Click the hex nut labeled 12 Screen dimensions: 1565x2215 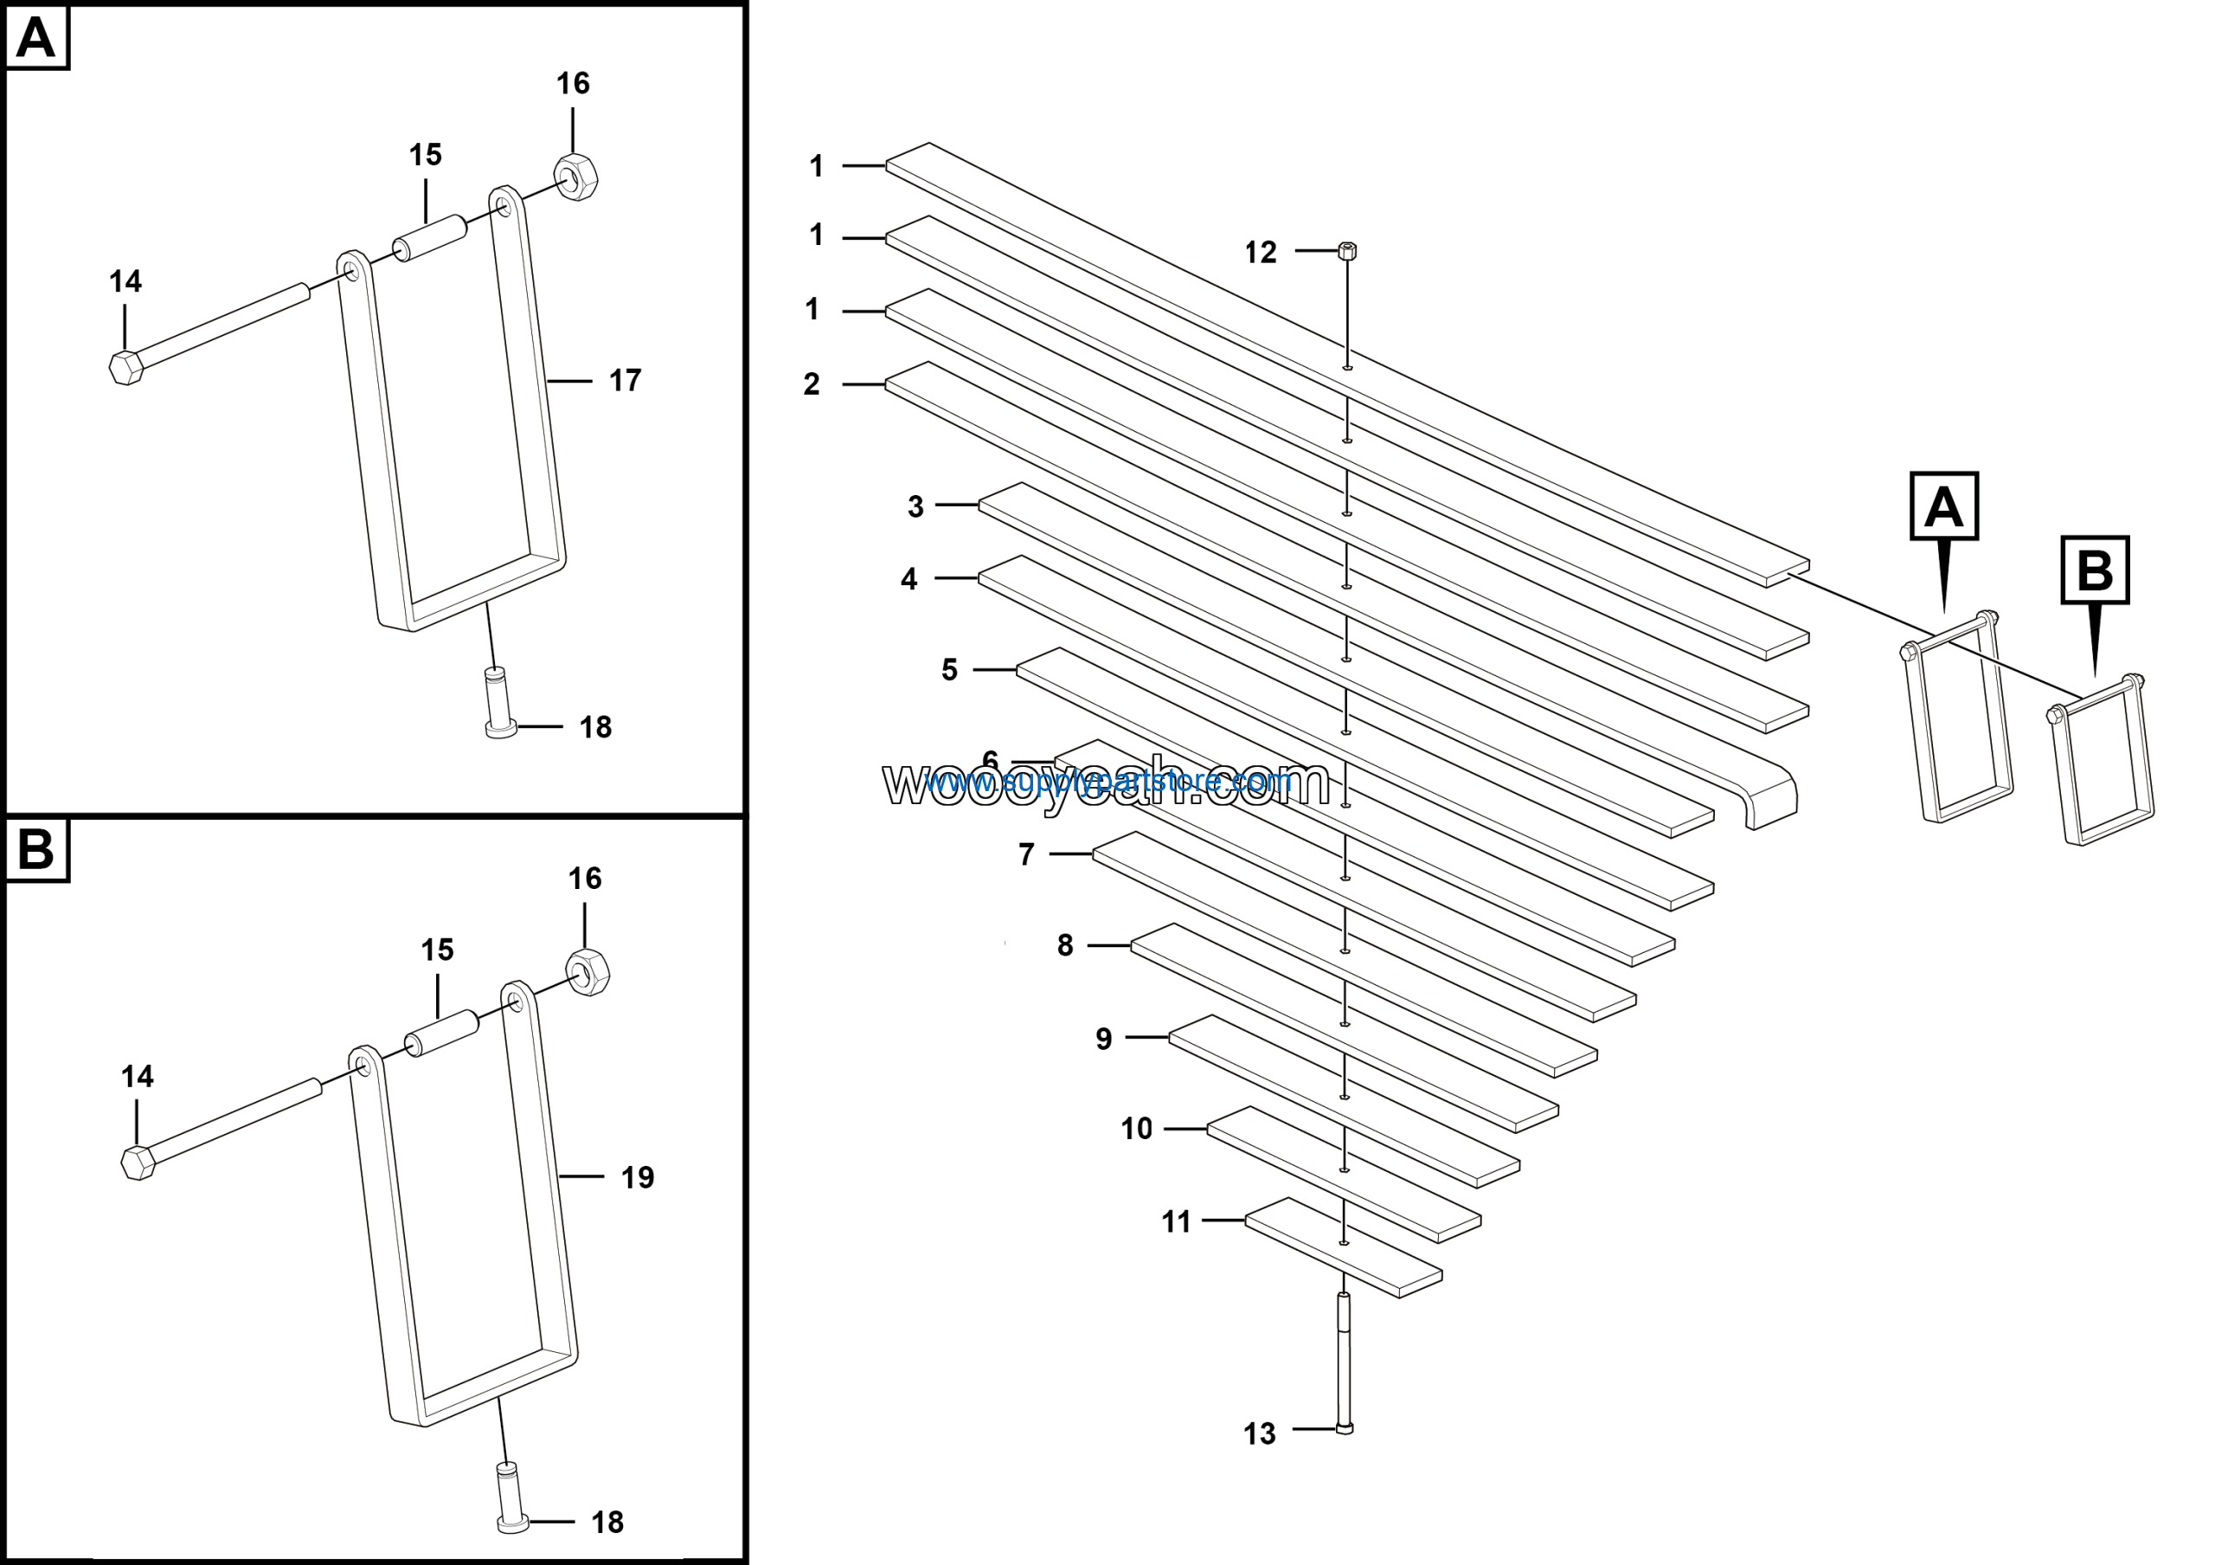pyautogui.click(x=1348, y=251)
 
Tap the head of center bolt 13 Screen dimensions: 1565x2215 pyautogui.click(x=1345, y=1428)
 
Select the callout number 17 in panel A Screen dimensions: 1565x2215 pyautogui.click(x=626, y=381)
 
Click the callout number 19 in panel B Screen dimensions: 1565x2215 pyautogui.click(x=637, y=1177)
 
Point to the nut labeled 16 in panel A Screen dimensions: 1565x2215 pyautogui.click(x=576, y=177)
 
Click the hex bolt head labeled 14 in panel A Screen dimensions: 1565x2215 pyautogui.click(x=126, y=368)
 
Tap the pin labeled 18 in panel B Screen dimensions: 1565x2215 pyautogui.click(x=511, y=1497)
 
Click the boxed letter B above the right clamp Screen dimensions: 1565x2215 pyautogui.click(x=2095, y=570)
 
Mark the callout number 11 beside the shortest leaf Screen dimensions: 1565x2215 pyautogui.click(x=1176, y=1221)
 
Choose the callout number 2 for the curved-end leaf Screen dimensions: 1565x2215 pyautogui.click(x=812, y=384)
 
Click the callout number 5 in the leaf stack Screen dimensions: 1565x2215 pyautogui.click(x=949, y=670)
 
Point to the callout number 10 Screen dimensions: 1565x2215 pyautogui.click(x=1136, y=1128)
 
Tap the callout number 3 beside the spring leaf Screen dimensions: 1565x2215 pyautogui.click(x=915, y=506)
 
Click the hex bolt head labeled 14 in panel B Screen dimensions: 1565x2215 pyautogui.click(x=138, y=1162)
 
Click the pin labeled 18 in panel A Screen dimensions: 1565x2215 pyautogui.click(x=498, y=702)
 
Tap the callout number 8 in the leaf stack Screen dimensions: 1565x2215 pyautogui.click(x=1065, y=944)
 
